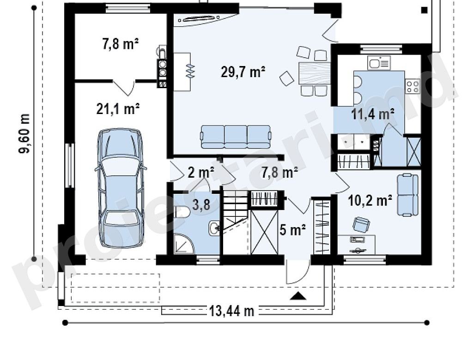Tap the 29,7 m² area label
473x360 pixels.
pyautogui.click(x=243, y=72)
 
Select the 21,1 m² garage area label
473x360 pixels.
pyautogui.click(x=118, y=108)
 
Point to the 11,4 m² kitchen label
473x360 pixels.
pyautogui.click(x=373, y=114)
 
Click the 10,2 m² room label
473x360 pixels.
pyautogui.click(x=370, y=200)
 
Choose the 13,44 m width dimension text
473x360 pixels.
pyautogui.click(x=232, y=311)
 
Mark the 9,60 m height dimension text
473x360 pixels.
pyautogui.click(x=25, y=133)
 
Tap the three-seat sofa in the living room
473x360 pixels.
pyautogui.click(x=236, y=137)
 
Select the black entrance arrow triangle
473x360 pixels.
pyautogui.click(x=298, y=296)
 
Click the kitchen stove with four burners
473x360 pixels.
pyautogui.click(x=412, y=86)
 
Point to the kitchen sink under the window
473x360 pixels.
pyautogui.click(x=379, y=63)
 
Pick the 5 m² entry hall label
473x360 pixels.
pyautogui.click(x=293, y=230)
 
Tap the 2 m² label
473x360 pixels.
pyautogui.click(x=201, y=173)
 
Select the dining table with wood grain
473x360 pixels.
pyautogui.click(x=314, y=73)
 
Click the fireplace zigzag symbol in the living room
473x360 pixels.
pyautogui.click(x=190, y=72)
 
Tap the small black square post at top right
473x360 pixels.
pyautogui.click(x=424, y=10)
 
